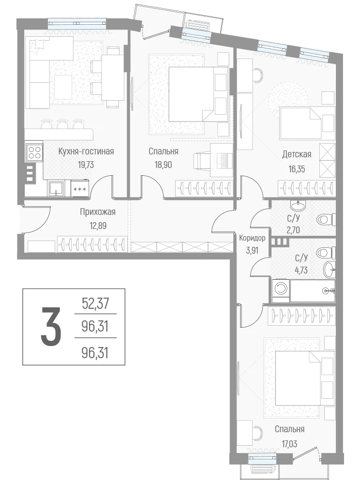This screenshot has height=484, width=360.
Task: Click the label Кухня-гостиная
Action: pos(86,151)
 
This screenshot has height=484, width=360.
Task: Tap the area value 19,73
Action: pos(86,165)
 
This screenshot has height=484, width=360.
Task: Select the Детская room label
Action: pos(297,154)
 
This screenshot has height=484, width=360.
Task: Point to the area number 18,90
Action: pos(163,165)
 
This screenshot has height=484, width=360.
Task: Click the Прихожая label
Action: pos(97,212)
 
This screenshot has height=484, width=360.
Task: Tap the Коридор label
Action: pos(252,238)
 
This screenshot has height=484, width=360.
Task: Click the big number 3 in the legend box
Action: pos(51,327)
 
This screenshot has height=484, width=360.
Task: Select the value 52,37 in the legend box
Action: pos(95,304)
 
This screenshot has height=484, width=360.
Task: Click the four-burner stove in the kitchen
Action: pos(34,152)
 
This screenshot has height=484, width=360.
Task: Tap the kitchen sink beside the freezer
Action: pos(56,188)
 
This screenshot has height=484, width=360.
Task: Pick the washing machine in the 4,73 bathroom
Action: pos(281,289)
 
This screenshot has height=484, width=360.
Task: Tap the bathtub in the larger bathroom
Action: pos(313,291)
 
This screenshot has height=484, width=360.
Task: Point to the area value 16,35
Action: pos(297,169)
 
